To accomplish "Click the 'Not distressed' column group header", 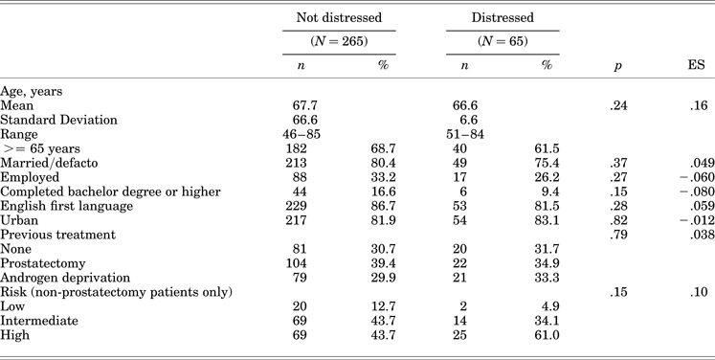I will pos(338,18).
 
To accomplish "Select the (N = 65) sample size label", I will pos(503,42).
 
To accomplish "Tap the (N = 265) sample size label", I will pos(338,42).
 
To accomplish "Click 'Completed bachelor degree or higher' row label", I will pos(110,191).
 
